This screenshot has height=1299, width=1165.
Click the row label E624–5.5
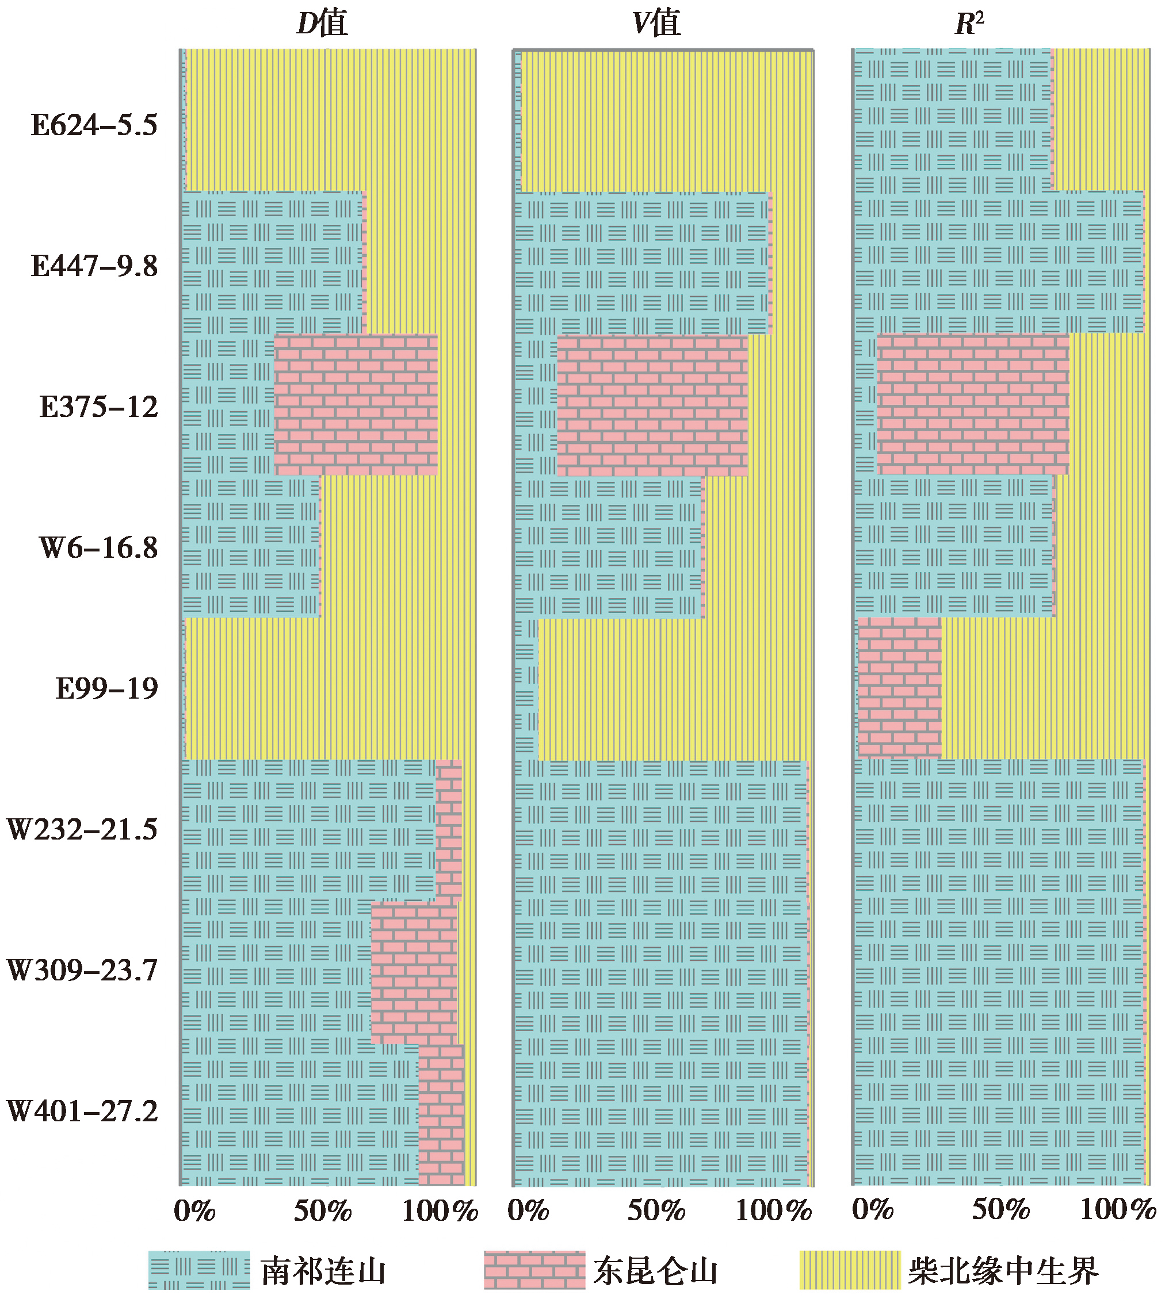click(x=94, y=125)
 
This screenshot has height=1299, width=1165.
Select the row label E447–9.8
click(x=94, y=266)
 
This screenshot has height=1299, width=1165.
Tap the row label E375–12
click(x=98, y=407)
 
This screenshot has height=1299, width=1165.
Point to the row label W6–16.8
click(x=98, y=549)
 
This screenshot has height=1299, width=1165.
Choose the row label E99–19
click(x=106, y=689)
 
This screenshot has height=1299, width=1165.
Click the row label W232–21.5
click(x=82, y=830)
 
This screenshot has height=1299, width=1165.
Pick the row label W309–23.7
click(x=82, y=971)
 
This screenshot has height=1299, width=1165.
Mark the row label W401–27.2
click(x=82, y=1112)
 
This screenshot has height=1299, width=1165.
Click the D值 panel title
click(x=322, y=24)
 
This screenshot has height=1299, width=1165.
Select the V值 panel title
click(x=656, y=24)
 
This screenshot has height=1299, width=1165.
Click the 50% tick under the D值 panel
click(x=323, y=1210)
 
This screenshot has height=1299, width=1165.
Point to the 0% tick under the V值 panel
click(x=528, y=1210)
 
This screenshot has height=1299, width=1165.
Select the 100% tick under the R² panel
click(x=1118, y=1209)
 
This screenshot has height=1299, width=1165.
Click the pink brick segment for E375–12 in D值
click(x=356, y=405)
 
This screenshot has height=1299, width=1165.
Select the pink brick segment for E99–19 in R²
click(x=899, y=688)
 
